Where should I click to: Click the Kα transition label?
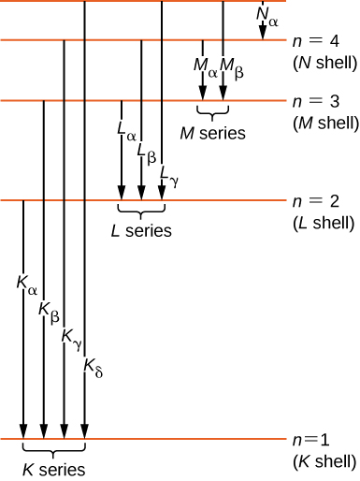point(25,280)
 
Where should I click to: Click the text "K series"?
point(54,469)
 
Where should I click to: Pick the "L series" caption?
point(141,231)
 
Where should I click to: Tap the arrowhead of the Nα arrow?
point(263,33)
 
